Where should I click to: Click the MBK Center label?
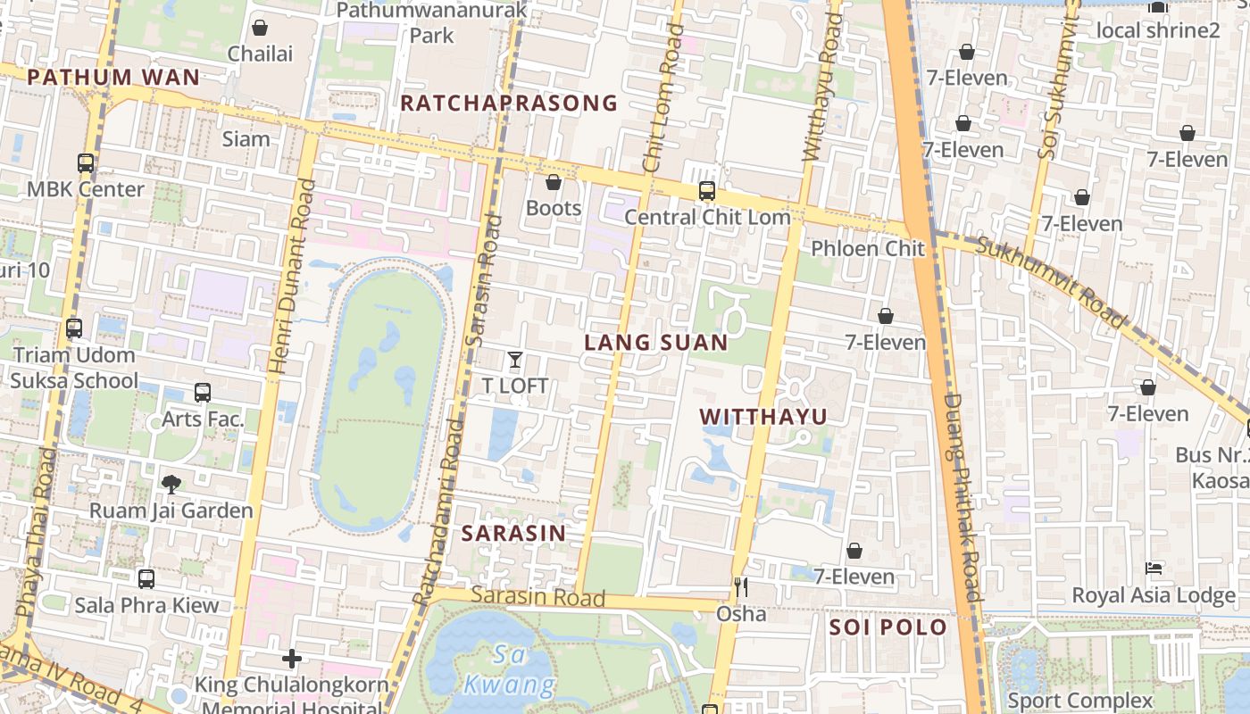(86, 189)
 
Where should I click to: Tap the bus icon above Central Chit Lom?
(706, 191)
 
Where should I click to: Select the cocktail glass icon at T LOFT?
(515, 360)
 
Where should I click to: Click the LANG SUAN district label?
(656, 343)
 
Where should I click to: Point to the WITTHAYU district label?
(763, 417)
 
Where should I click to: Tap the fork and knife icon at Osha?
(740, 587)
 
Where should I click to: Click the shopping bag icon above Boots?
(554, 183)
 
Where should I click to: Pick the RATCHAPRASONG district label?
(509, 104)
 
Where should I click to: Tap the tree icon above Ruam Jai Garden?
(171, 485)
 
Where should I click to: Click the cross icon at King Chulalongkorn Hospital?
(292, 660)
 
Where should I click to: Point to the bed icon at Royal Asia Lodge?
(1154, 569)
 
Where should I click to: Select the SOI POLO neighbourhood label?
(887, 627)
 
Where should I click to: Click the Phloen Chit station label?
(867, 248)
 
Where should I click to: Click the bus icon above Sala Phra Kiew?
(146, 579)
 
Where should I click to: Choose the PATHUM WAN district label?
(113, 78)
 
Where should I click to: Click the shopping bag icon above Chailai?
(260, 29)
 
